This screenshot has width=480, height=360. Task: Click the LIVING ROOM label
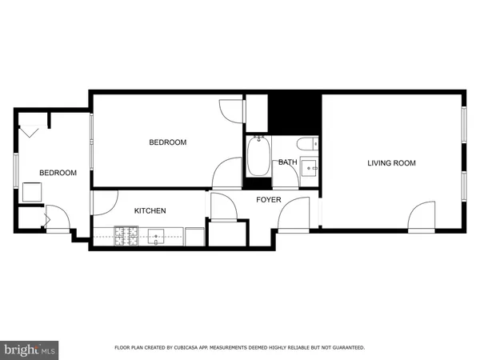(391, 163)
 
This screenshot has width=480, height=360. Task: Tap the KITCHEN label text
(150, 211)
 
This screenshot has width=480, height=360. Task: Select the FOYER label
(268, 199)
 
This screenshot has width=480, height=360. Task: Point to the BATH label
(287, 162)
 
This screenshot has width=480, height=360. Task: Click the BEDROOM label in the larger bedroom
(167, 142)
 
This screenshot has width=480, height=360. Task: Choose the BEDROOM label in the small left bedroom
(58, 173)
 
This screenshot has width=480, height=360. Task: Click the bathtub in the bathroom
(258, 158)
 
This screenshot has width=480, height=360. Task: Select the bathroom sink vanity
(309, 170)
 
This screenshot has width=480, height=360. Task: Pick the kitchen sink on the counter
(157, 235)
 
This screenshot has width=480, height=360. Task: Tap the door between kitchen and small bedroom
(104, 203)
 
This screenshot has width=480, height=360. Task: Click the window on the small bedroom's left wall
(16, 171)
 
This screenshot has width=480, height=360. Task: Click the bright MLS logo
(30, 349)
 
